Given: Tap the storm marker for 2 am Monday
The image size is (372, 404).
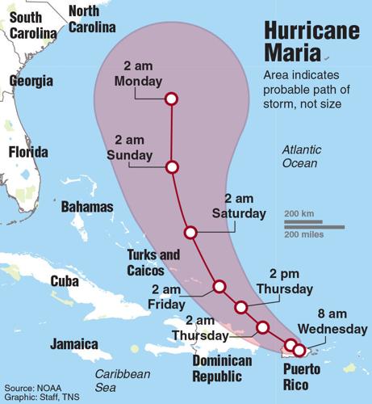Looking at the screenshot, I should pos(171,99).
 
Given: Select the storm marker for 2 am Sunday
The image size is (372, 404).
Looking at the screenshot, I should pos(171,167).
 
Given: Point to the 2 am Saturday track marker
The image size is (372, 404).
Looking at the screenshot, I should pos(190,233).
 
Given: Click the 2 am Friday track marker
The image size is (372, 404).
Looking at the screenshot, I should pos(219,286).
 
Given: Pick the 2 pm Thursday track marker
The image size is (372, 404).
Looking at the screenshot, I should pos(240,307).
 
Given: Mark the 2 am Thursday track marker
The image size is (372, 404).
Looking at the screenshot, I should pos(261,327).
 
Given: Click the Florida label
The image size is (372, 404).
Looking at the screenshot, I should pos(27,152).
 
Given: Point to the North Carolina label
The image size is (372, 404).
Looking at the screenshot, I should pos(91,19).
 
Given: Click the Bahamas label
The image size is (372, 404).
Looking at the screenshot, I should pos(87,207).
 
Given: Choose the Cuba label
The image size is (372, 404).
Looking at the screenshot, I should pos(65,281).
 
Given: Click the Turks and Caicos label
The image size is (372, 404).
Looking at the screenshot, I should pos(153,263).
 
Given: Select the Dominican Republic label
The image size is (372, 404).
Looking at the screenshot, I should pos(217,368).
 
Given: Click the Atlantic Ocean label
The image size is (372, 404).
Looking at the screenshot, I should pos(302,157).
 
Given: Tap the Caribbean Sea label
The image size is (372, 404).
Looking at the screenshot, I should pos(122,381).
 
